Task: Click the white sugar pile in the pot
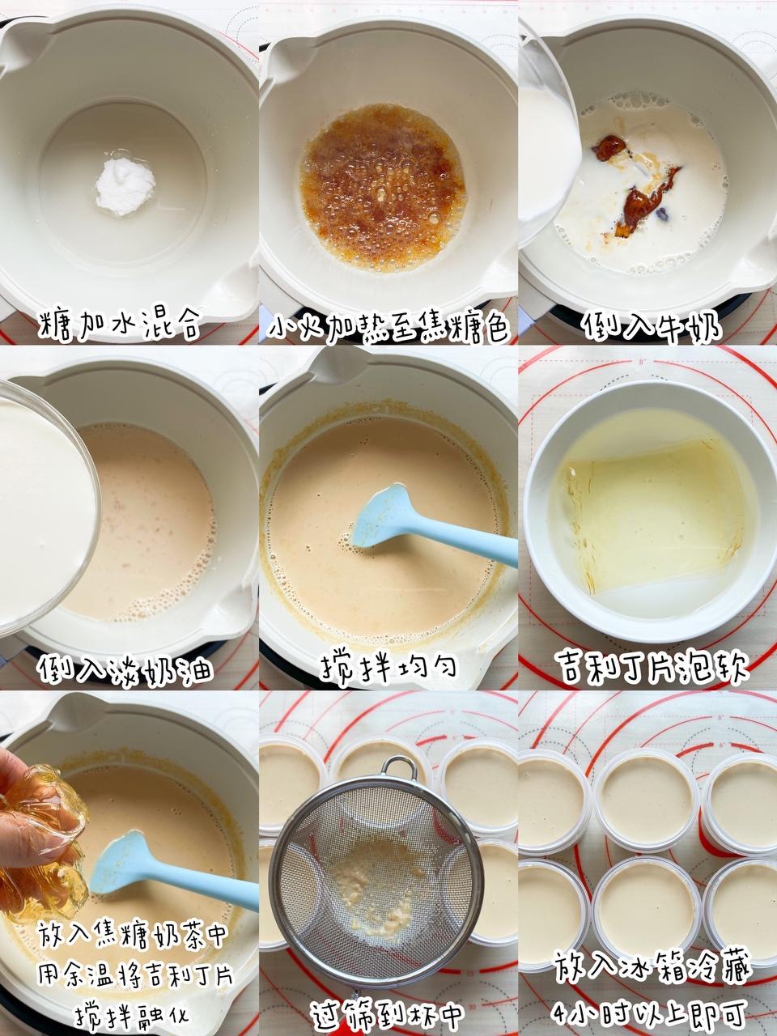coord(125,186)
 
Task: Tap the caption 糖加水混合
coord(121,325)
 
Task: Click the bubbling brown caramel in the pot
coord(382,188)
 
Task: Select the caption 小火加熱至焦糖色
coord(388,325)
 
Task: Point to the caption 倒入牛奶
coord(653,325)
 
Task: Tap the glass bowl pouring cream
coord(45,507)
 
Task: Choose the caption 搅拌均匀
coord(388,667)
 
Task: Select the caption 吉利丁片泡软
coord(654,665)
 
